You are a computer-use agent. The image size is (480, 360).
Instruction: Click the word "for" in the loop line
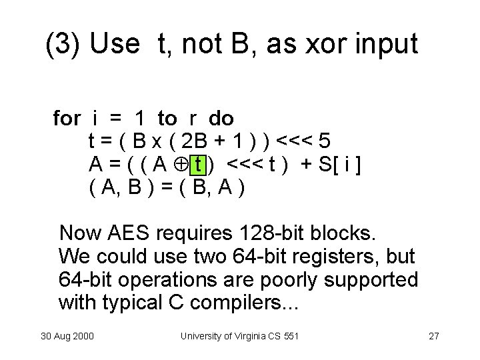(66, 119)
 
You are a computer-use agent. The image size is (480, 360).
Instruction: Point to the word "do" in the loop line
(221, 119)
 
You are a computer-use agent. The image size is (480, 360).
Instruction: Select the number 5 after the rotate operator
(323, 141)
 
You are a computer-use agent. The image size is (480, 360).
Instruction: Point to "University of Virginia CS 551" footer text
(239, 335)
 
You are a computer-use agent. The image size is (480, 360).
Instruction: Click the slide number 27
(433, 335)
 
